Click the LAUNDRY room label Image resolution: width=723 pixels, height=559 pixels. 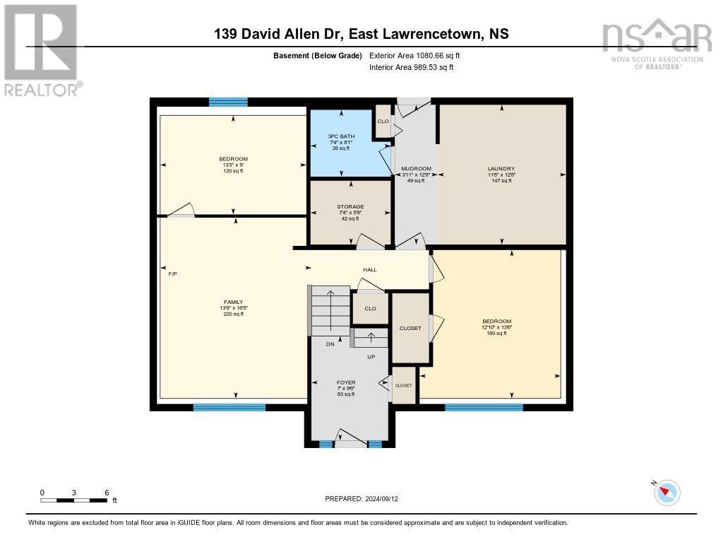pyautogui.click(x=501, y=168)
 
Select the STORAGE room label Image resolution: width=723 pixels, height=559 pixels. pyautogui.click(x=350, y=207)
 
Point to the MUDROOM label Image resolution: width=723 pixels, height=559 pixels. pyautogui.click(x=416, y=168)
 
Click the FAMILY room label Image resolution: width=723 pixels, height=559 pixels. pyautogui.click(x=233, y=302)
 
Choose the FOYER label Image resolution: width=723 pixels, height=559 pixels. pyautogui.click(x=346, y=382)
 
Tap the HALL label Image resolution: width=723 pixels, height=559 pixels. pyautogui.click(x=370, y=269)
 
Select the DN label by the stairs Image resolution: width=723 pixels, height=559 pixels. pyautogui.click(x=330, y=344)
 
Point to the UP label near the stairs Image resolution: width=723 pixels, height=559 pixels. pyautogui.click(x=371, y=357)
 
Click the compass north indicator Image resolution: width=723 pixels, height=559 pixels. pyautogui.click(x=667, y=492)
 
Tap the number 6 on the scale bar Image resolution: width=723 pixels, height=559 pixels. pyautogui.click(x=106, y=492)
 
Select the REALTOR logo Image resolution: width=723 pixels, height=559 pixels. pyautogui.click(x=41, y=49)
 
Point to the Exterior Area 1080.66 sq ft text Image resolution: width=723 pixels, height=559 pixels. pyautogui.click(x=415, y=55)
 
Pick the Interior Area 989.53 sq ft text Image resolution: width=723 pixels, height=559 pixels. pyautogui.click(x=412, y=67)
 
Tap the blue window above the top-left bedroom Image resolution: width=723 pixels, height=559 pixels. pyautogui.click(x=228, y=102)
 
